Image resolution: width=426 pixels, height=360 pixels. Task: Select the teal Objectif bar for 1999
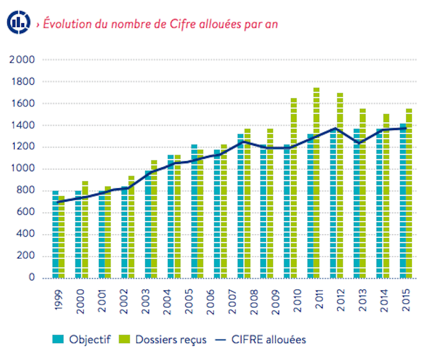pos(55,234)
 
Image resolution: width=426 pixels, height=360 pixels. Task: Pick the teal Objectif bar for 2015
pos(403,201)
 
